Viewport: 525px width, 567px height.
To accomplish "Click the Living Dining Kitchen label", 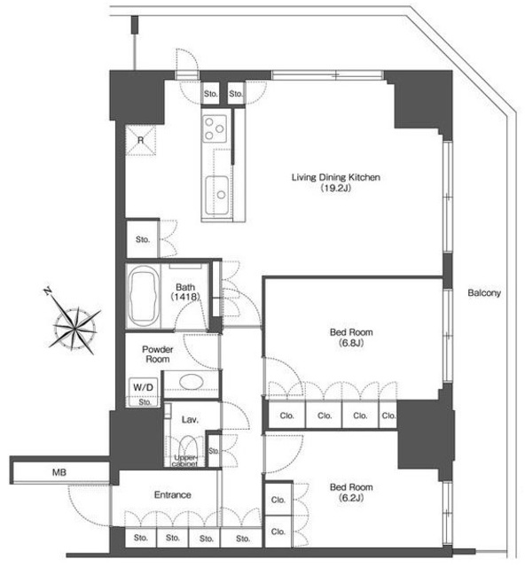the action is pyautogui.click(x=335, y=177).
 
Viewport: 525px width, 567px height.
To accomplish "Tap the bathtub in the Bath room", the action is pyautogui.click(x=144, y=296).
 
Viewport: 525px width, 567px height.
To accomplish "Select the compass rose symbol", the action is pyautogui.click(x=74, y=327).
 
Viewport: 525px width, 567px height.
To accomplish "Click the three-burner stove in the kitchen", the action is pyautogui.click(x=215, y=128).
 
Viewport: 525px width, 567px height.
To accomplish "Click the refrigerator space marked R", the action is pyautogui.click(x=140, y=140).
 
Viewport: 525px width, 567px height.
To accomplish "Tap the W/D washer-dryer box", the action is pyautogui.click(x=143, y=387).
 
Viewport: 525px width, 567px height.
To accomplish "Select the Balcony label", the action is pyautogui.click(x=484, y=292).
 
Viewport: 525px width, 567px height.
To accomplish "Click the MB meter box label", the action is pyautogui.click(x=59, y=472).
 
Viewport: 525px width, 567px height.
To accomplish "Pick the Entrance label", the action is pyautogui.click(x=172, y=494).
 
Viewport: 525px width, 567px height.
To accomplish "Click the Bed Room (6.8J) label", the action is pyautogui.click(x=351, y=337).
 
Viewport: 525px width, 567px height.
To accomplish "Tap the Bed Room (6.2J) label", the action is pyautogui.click(x=351, y=493).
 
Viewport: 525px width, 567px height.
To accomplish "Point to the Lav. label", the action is pyautogui.click(x=190, y=419).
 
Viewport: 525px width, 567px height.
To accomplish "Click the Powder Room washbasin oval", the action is pyautogui.click(x=192, y=381).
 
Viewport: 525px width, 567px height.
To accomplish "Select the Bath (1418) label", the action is pyautogui.click(x=185, y=291).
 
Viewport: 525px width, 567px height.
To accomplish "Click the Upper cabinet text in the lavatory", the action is pyautogui.click(x=185, y=461).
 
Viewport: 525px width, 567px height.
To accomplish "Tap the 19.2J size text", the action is pyautogui.click(x=336, y=188).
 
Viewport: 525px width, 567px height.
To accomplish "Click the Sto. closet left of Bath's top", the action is pyautogui.click(x=143, y=239).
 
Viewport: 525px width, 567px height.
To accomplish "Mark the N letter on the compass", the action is pyautogui.click(x=47, y=291).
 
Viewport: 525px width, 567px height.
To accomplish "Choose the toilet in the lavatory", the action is pyautogui.click(x=188, y=448).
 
